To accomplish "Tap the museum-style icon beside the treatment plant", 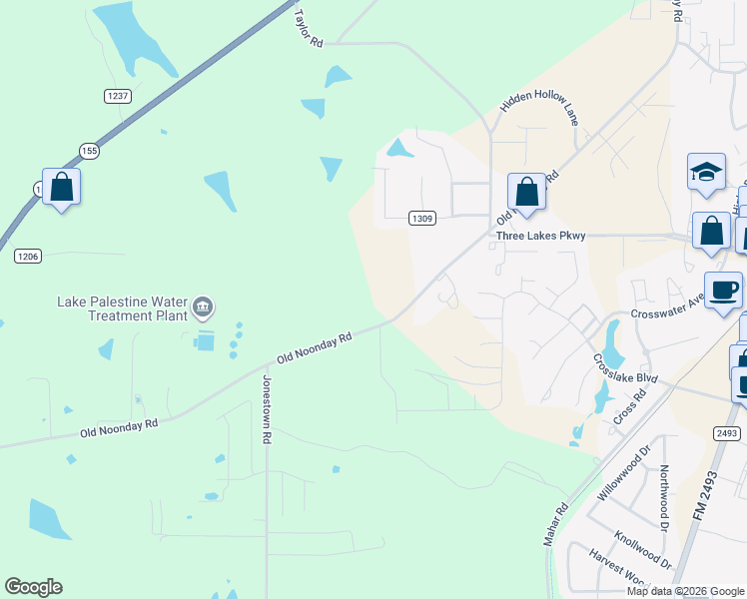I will point(204,307).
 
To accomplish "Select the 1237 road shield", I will point(118,95).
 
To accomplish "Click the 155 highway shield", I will point(90,151).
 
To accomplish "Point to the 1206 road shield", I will point(27,257).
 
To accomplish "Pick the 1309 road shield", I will point(422,219).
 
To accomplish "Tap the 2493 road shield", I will point(727,432).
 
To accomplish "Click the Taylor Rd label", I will point(310,28).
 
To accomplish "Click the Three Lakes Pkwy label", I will point(540,237).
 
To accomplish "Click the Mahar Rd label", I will point(555,523).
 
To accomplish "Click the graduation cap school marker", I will point(706,171).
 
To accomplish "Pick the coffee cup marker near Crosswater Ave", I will point(723,290).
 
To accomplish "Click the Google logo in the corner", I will point(33,587).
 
